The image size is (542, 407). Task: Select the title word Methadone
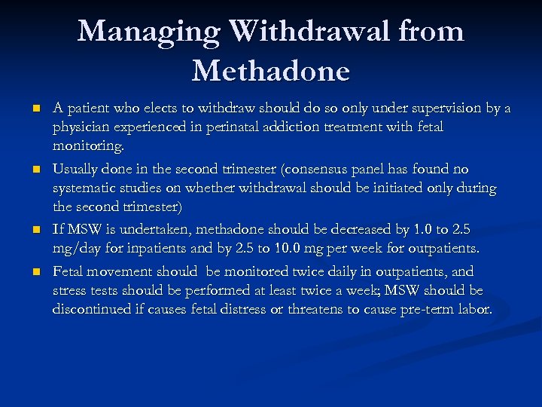coord(271,71)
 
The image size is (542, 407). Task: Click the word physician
coord(81,128)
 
